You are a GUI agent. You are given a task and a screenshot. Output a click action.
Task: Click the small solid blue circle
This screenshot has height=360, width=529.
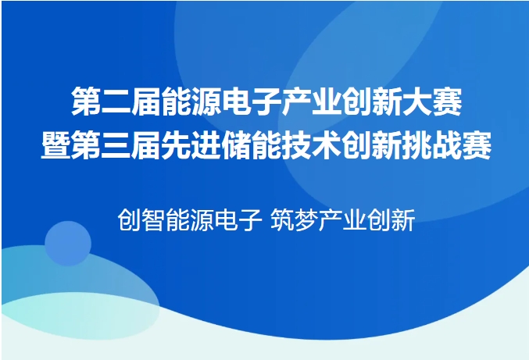68,244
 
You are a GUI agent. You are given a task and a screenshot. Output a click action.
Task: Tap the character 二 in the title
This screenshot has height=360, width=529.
116,102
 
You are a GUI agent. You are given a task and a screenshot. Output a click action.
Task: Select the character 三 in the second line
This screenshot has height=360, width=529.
116,145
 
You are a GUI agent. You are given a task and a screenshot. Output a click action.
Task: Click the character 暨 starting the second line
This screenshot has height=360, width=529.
55,145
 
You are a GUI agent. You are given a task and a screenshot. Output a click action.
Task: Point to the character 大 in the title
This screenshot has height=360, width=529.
417,102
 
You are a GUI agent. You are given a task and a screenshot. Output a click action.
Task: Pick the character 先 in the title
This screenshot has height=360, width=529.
176,145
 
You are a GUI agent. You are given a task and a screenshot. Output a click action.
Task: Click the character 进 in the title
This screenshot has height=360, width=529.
206,145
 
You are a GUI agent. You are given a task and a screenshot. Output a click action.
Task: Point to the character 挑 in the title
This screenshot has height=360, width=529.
416,145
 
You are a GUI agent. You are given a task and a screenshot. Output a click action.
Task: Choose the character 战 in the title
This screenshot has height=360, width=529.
447,145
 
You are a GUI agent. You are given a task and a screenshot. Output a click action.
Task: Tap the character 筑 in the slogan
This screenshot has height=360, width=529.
283,219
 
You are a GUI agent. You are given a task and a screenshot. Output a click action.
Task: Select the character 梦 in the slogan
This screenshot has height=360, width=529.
306,219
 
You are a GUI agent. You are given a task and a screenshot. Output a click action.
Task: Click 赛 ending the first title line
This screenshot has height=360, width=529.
448,102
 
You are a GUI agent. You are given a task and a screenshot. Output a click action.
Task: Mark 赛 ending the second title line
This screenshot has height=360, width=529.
477,145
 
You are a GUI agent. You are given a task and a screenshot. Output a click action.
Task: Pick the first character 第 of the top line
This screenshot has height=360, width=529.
86,102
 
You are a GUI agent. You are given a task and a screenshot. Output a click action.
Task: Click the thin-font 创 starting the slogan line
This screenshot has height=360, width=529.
129,219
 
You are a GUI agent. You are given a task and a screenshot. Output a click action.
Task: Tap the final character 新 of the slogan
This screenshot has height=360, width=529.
403,219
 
